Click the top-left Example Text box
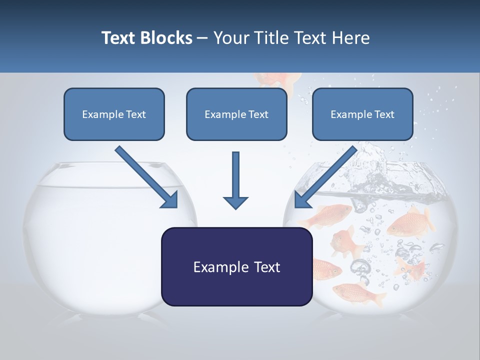[x=114, y=114]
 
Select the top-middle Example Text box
[x=236, y=114]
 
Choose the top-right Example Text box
[x=362, y=114]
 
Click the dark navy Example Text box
[x=236, y=266]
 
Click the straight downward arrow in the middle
[x=235, y=180]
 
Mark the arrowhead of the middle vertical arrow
[x=235, y=201]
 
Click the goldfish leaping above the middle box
[x=278, y=80]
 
